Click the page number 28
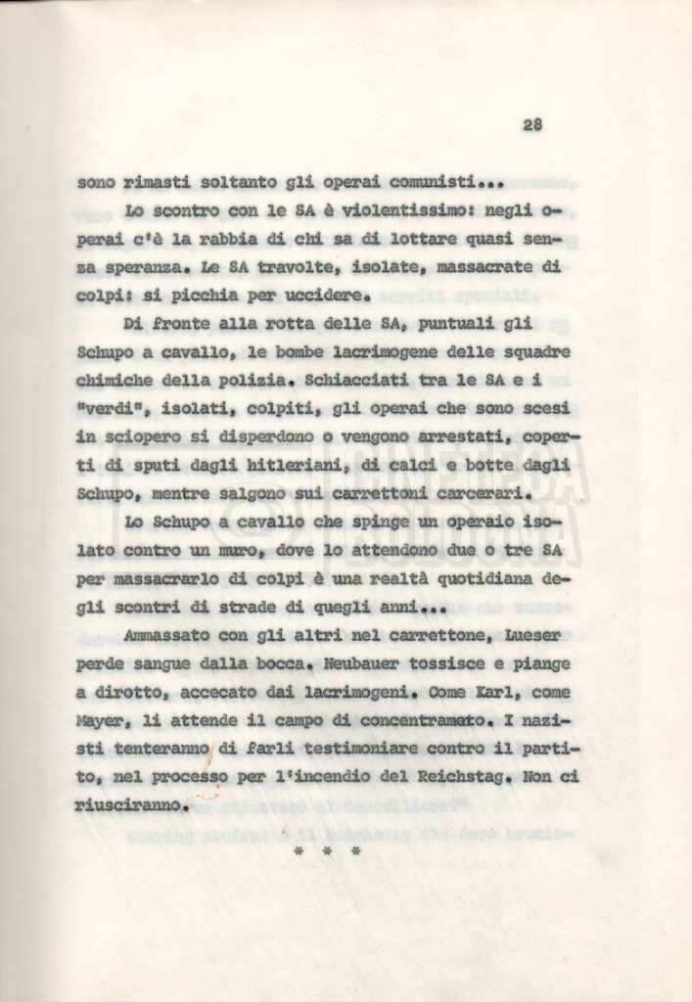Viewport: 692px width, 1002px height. pyautogui.click(x=532, y=124)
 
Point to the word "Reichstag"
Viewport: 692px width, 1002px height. pyautogui.click(x=462, y=779)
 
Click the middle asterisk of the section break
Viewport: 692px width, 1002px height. pyautogui.click(x=327, y=852)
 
